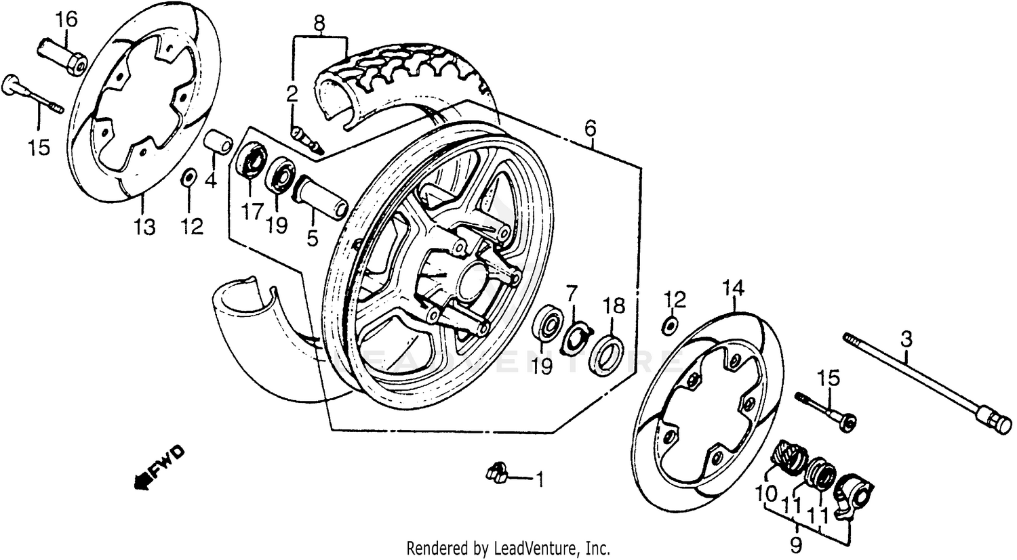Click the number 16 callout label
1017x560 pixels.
point(67,19)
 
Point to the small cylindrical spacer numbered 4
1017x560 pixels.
point(219,144)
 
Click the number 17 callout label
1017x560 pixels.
point(251,212)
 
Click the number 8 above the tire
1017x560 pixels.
point(319,24)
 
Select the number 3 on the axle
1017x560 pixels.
point(906,338)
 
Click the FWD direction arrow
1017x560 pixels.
point(159,467)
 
